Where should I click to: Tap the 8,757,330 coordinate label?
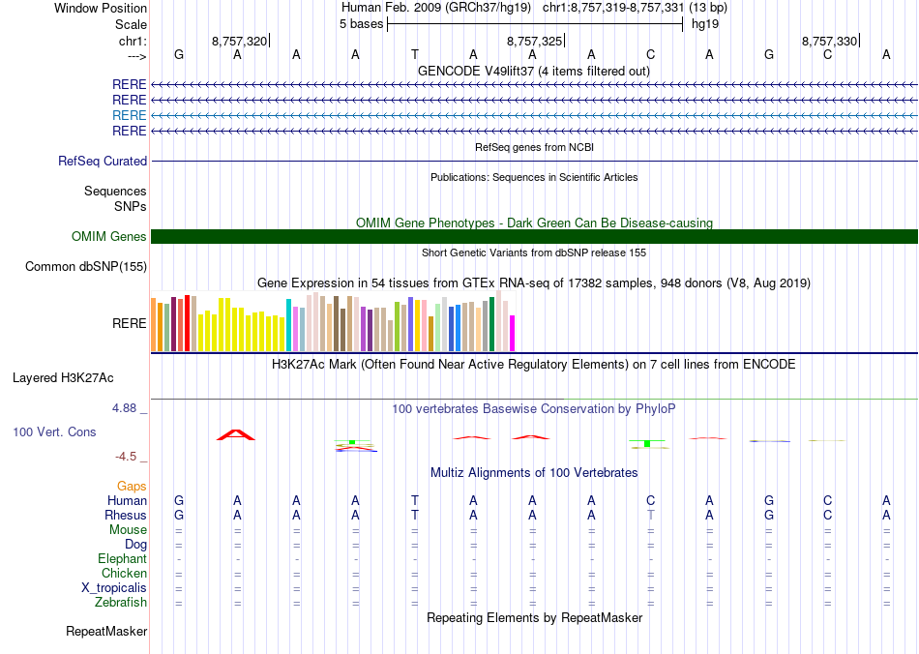tap(829, 41)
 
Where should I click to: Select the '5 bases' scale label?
tap(361, 23)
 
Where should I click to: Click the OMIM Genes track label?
tap(109, 237)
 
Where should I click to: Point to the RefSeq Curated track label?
tap(103, 162)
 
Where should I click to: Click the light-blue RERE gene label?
tap(130, 115)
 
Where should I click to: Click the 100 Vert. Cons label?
tap(54, 431)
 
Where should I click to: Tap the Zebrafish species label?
tap(122, 603)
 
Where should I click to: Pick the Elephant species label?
tap(122, 559)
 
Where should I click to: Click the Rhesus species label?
tap(126, 516)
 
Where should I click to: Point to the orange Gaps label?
tap(132, 486)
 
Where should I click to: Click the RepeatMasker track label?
tap(106, 632)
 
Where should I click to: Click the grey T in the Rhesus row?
tap(651, 516)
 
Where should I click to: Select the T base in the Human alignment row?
tap(415, 500)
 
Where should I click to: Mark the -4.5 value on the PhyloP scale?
tap(128, 457)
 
